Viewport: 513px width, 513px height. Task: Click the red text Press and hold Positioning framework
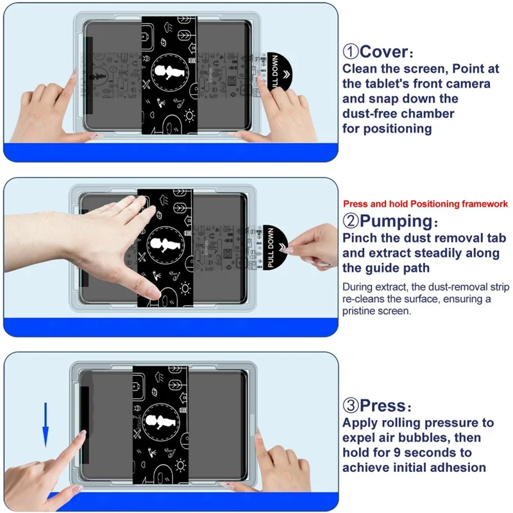click(425, 204)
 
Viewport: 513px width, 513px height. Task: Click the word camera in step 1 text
click(469, 83)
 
